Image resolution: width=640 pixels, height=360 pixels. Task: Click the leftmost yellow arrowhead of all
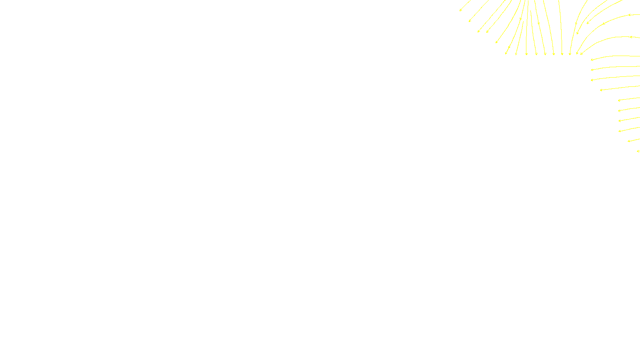click(460, 10)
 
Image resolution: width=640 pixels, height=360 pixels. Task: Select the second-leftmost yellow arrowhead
click(470, 21)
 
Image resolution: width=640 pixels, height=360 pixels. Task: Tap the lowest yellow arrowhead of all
click(638, 151)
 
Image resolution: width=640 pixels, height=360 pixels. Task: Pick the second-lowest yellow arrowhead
click(628, 141)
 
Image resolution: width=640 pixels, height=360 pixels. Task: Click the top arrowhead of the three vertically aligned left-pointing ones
click(592, 60)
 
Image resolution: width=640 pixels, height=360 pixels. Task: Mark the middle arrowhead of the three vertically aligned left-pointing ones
click(592, 70)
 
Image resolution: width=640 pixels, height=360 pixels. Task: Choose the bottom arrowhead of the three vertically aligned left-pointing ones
click(592, 80)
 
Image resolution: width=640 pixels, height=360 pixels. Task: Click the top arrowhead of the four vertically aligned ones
click(619, 100)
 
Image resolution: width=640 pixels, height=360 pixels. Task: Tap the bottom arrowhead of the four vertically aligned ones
click(619, 131)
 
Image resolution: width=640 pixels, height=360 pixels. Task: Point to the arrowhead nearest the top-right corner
click(629, 15)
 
